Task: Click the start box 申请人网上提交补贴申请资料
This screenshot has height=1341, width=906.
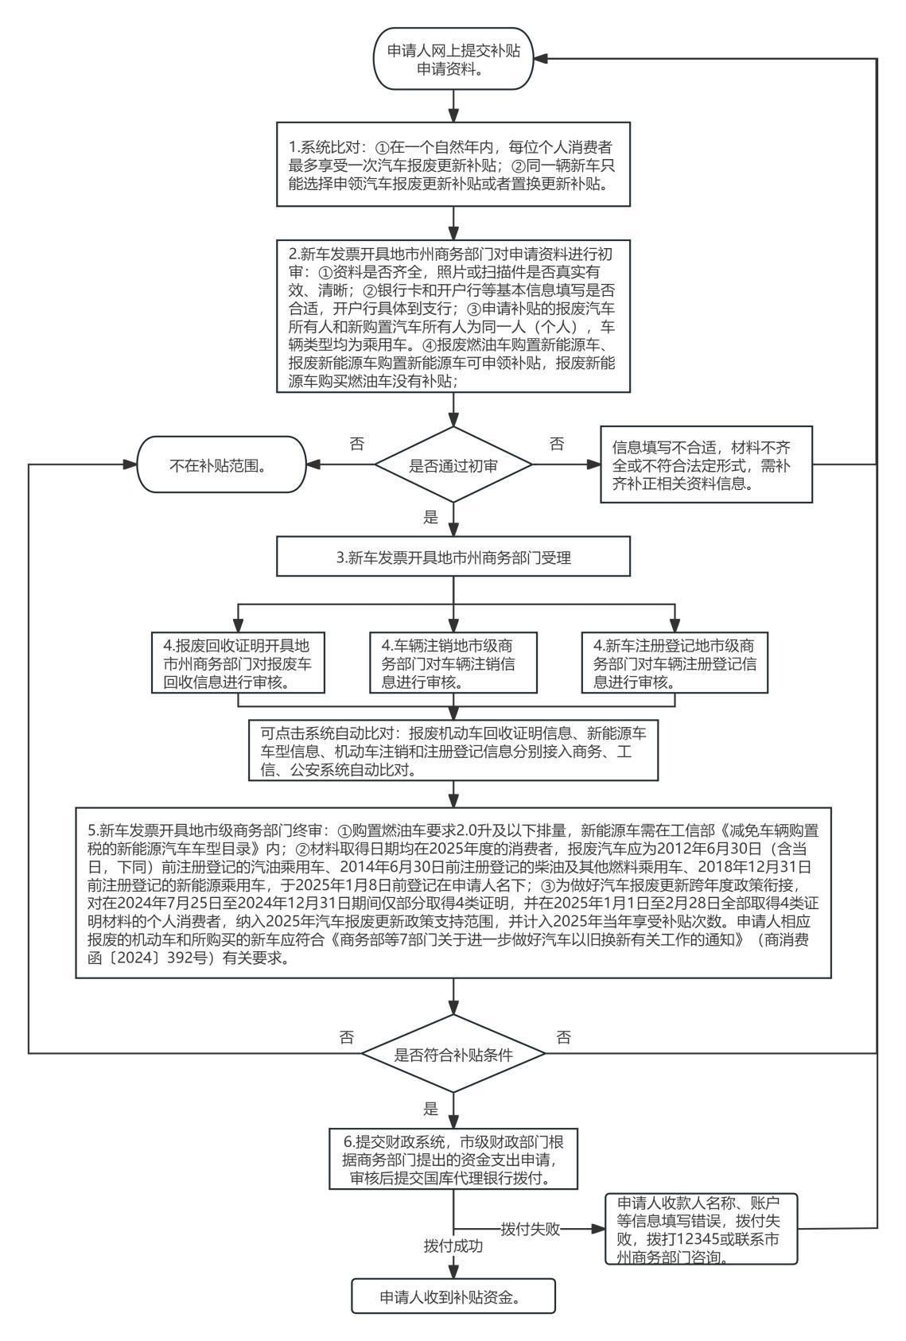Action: click(x=453, y=60)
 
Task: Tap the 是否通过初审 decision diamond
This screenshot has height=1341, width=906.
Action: click(x=453, y=466)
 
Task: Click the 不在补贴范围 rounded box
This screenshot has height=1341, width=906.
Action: click(x=222, y=466)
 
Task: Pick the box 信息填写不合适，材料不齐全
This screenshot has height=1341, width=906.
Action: click(x=706, y=464)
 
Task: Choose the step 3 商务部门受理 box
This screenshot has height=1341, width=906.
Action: click(x=453, y=558)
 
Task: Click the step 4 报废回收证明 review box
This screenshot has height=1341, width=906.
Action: click(x=237, y=663)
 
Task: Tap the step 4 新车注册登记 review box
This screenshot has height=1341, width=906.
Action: click(x=675, y=663)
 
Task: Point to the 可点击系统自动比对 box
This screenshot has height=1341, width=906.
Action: click(x=453, y=750)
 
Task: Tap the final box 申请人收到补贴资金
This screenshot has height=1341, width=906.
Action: click(x=453, y=1298)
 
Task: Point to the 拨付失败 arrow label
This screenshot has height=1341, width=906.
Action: click(x=531, y=1230)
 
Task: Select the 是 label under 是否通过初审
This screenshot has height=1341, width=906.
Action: click(x=431, y=518)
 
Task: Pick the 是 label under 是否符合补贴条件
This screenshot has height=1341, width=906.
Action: click(x=431, y=1109)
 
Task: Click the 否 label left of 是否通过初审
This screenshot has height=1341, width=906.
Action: click(x=357, y=444)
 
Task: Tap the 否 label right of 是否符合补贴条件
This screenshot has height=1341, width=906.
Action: click(x=564, y=1036)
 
